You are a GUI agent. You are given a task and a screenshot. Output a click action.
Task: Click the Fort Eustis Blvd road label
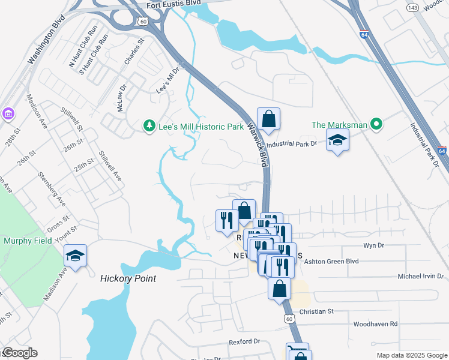tap(172, 5)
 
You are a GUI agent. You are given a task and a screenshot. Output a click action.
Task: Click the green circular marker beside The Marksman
tap(376, 125)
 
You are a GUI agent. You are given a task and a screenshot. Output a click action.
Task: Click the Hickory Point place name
tap(128, 278)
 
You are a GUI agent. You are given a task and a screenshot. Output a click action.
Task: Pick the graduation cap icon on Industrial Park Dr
tap(337, 141)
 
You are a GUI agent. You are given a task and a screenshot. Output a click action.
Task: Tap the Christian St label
tap(316, 311)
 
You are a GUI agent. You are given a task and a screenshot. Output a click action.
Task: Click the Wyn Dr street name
tap(373, 245)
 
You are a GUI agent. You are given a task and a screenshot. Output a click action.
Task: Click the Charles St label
tap(134, 53)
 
